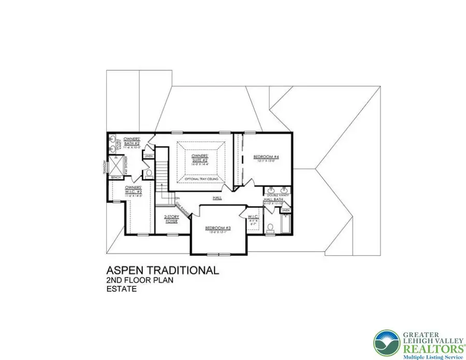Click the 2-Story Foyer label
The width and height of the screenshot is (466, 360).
pos(171,219)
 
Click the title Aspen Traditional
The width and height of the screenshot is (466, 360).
pos(162,270)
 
